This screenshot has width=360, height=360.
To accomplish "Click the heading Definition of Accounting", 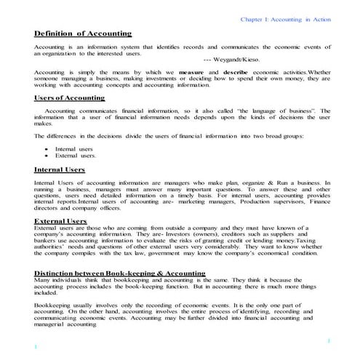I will (83, 33).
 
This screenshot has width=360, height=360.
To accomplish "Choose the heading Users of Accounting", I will (69, 97).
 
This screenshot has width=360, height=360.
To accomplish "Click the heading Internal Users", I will (59, 169).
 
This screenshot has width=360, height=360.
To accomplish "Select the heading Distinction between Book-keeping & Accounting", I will (119, 273).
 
